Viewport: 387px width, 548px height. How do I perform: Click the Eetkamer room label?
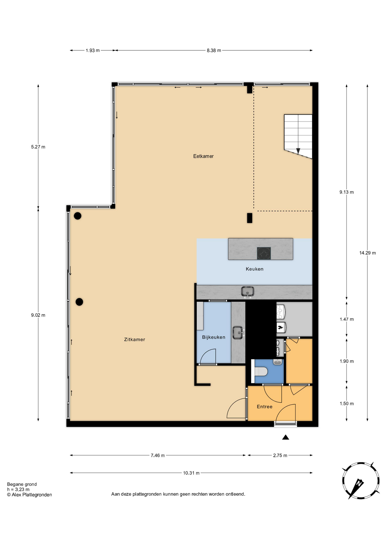[203, 156]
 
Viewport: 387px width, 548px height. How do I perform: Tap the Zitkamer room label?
[135, 339]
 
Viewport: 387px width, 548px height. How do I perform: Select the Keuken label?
[254, 269]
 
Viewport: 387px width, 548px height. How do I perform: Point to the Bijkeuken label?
[213, 337]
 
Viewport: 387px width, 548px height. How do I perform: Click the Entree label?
[264, 406]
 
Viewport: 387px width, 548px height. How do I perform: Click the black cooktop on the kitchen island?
[264, 253]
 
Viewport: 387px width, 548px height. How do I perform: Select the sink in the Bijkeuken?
[238, 333]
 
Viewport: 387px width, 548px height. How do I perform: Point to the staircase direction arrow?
[298, 151]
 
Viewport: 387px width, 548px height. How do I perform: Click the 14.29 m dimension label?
[367, 253]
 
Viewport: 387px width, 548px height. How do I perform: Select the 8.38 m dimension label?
[214, 51]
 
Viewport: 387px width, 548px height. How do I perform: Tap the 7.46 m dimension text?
[158, 455]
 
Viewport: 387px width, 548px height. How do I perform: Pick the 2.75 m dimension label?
[280, 455]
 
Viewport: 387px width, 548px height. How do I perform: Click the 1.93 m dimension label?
[93, 51]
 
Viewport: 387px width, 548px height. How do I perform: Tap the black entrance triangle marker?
[286, 437]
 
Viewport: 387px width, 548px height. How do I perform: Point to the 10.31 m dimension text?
[191, 473]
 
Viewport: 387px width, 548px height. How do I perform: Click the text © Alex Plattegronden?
[29, 495]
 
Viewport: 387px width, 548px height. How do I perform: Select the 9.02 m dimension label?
[38, 315]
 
